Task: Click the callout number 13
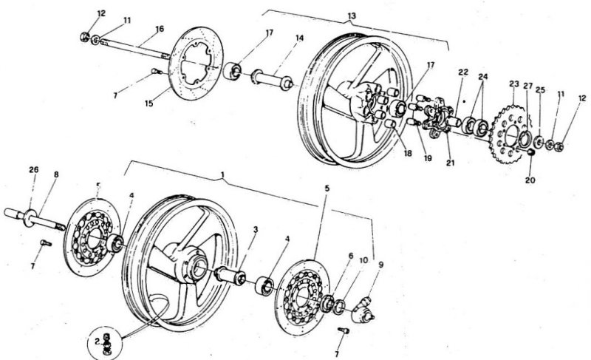(x=350, y=16)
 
